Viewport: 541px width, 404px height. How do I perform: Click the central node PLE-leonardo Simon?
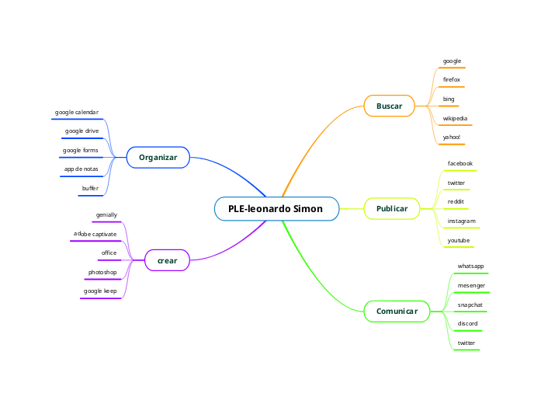276,209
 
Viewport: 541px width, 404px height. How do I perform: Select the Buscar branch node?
389,105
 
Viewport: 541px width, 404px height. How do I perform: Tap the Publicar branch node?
391,209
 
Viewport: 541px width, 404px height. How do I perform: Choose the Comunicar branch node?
397,312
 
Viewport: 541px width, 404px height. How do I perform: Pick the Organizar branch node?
158,158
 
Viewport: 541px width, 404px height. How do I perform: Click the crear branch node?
167,260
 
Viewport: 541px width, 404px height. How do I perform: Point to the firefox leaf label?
451,80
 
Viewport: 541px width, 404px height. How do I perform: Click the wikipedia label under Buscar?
455,119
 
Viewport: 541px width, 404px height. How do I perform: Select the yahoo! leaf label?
451,138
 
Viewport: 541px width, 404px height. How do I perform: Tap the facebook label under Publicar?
460,164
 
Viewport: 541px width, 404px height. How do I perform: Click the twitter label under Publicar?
456,183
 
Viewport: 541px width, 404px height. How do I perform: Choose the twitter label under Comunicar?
466,343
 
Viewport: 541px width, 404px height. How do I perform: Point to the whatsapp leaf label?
470,266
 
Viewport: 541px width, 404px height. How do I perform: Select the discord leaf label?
467,323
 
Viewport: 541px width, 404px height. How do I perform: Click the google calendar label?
77,113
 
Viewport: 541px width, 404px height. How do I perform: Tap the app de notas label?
81,169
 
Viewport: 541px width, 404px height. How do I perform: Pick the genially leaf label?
106,214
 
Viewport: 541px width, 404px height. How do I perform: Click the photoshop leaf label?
102,273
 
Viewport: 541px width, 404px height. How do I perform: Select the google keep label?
100,291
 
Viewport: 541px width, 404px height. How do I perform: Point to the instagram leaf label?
461,221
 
